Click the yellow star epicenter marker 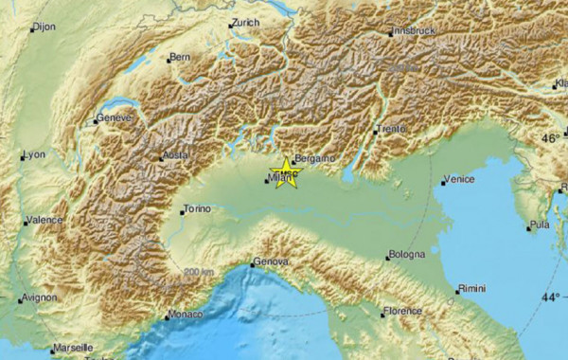[285, 173]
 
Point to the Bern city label [181, 58]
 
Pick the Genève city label [115, 118]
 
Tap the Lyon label [34, 153]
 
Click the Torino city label [196, 208]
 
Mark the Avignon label [41, 297]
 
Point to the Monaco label [184, 314]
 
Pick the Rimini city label [471, 288]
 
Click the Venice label [459, 179]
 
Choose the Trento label [391, 128]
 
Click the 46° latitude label [550, 138]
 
